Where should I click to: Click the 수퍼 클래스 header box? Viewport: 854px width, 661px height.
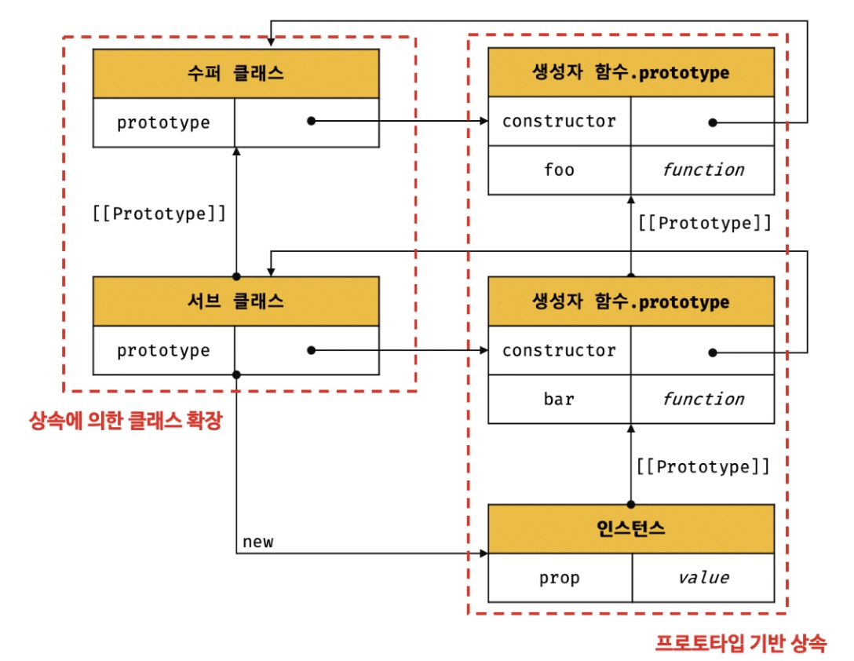[235, 74]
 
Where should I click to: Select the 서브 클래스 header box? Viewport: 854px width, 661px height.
[235, 301]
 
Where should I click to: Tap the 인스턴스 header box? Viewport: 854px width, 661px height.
[631, 528]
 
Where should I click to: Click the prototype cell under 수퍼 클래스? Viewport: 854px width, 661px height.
[164, 122]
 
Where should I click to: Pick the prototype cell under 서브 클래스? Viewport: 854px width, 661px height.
[164, 350]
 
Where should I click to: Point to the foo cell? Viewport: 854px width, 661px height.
[560, 170]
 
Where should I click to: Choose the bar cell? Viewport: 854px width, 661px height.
[560, 399]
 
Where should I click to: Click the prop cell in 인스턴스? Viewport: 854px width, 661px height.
[560, 578]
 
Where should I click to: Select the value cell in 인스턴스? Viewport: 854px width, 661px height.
[703, 578]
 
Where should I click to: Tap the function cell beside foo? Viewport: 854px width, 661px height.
[703, 170]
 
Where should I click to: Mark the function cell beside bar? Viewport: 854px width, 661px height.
[703, 399]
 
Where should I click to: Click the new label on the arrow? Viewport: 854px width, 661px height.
[258, 542]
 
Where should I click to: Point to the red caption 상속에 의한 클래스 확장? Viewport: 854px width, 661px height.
[126, 421]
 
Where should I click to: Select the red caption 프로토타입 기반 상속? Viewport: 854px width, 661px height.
[741, 643]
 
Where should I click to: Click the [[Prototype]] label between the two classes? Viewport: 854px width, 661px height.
[159, 213]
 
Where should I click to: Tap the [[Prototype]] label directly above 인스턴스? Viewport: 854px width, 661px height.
[703, 466]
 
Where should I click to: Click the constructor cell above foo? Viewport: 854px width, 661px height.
[560, 121]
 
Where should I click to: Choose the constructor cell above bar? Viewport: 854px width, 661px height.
[560, 350]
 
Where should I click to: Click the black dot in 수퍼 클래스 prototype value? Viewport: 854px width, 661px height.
[311, 121]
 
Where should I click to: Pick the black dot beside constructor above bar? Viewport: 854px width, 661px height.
[713, 352]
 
